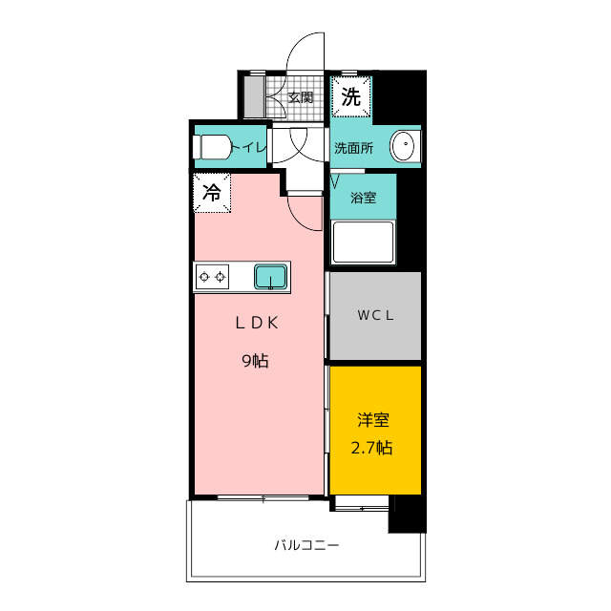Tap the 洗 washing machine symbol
tap(351, 95)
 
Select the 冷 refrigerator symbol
tap(212, 191)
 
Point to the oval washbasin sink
tap(403, 147)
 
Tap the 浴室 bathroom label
tap(363, 198)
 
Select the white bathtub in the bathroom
tap(363, 242)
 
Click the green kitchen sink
tap(270, 277)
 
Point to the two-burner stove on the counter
tap(212, 277)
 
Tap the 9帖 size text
tap(255, 361)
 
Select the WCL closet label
tap(375, 315)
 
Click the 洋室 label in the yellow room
tap(373, 420)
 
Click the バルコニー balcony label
tap(306, 546)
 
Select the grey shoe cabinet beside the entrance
tap(254, 96)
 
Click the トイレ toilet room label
tap(249, 147)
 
